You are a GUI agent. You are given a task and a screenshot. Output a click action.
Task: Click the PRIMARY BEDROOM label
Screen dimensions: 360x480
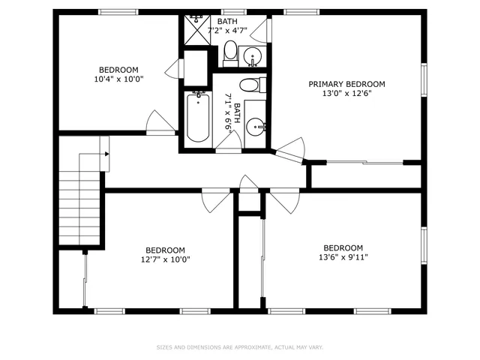tap(346, 84)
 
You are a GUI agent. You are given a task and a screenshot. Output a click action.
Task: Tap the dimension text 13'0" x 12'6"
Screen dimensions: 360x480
tap(346, 94)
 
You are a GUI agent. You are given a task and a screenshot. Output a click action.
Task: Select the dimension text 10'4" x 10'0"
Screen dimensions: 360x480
tap(118, 79)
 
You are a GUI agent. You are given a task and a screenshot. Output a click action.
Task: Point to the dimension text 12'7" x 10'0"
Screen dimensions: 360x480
tap(165, 260)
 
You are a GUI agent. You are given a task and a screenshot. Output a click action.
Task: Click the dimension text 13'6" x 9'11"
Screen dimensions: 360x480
tap(343, 257)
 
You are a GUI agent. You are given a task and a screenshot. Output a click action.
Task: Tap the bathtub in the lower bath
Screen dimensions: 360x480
tap(197, 116)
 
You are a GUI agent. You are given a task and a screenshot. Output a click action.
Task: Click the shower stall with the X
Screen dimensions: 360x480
tap(196, 31)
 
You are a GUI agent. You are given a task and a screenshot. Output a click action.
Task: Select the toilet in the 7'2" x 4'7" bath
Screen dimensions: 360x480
tap(231, 52)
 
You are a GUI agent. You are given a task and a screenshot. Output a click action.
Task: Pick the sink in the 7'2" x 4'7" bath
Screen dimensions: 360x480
tap(253, 56)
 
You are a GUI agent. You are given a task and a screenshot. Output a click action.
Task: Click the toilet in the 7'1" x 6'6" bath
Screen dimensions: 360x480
tap(250, 84)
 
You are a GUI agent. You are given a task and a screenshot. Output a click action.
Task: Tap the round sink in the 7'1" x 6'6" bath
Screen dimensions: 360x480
tap(256, 126)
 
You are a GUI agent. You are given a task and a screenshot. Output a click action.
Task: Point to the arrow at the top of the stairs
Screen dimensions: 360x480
tap(106, 154)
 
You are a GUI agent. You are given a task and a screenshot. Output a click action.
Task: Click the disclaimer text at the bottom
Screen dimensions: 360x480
tap(239, 347)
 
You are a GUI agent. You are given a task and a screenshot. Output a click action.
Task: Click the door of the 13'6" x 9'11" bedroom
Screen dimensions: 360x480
tap(283, 200)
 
